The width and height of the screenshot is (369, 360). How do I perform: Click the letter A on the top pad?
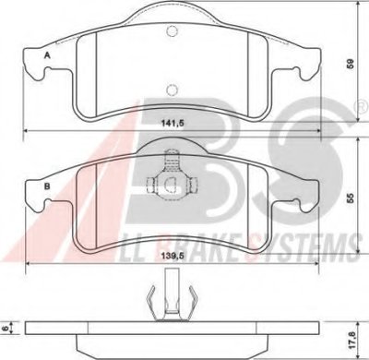(47, 55)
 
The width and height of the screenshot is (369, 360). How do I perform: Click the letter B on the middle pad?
(47, 186)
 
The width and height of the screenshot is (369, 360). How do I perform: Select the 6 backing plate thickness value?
(5, 329)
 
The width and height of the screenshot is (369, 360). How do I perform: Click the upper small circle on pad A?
(172, 30)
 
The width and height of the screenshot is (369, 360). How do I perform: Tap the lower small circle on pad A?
(172, 90)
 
